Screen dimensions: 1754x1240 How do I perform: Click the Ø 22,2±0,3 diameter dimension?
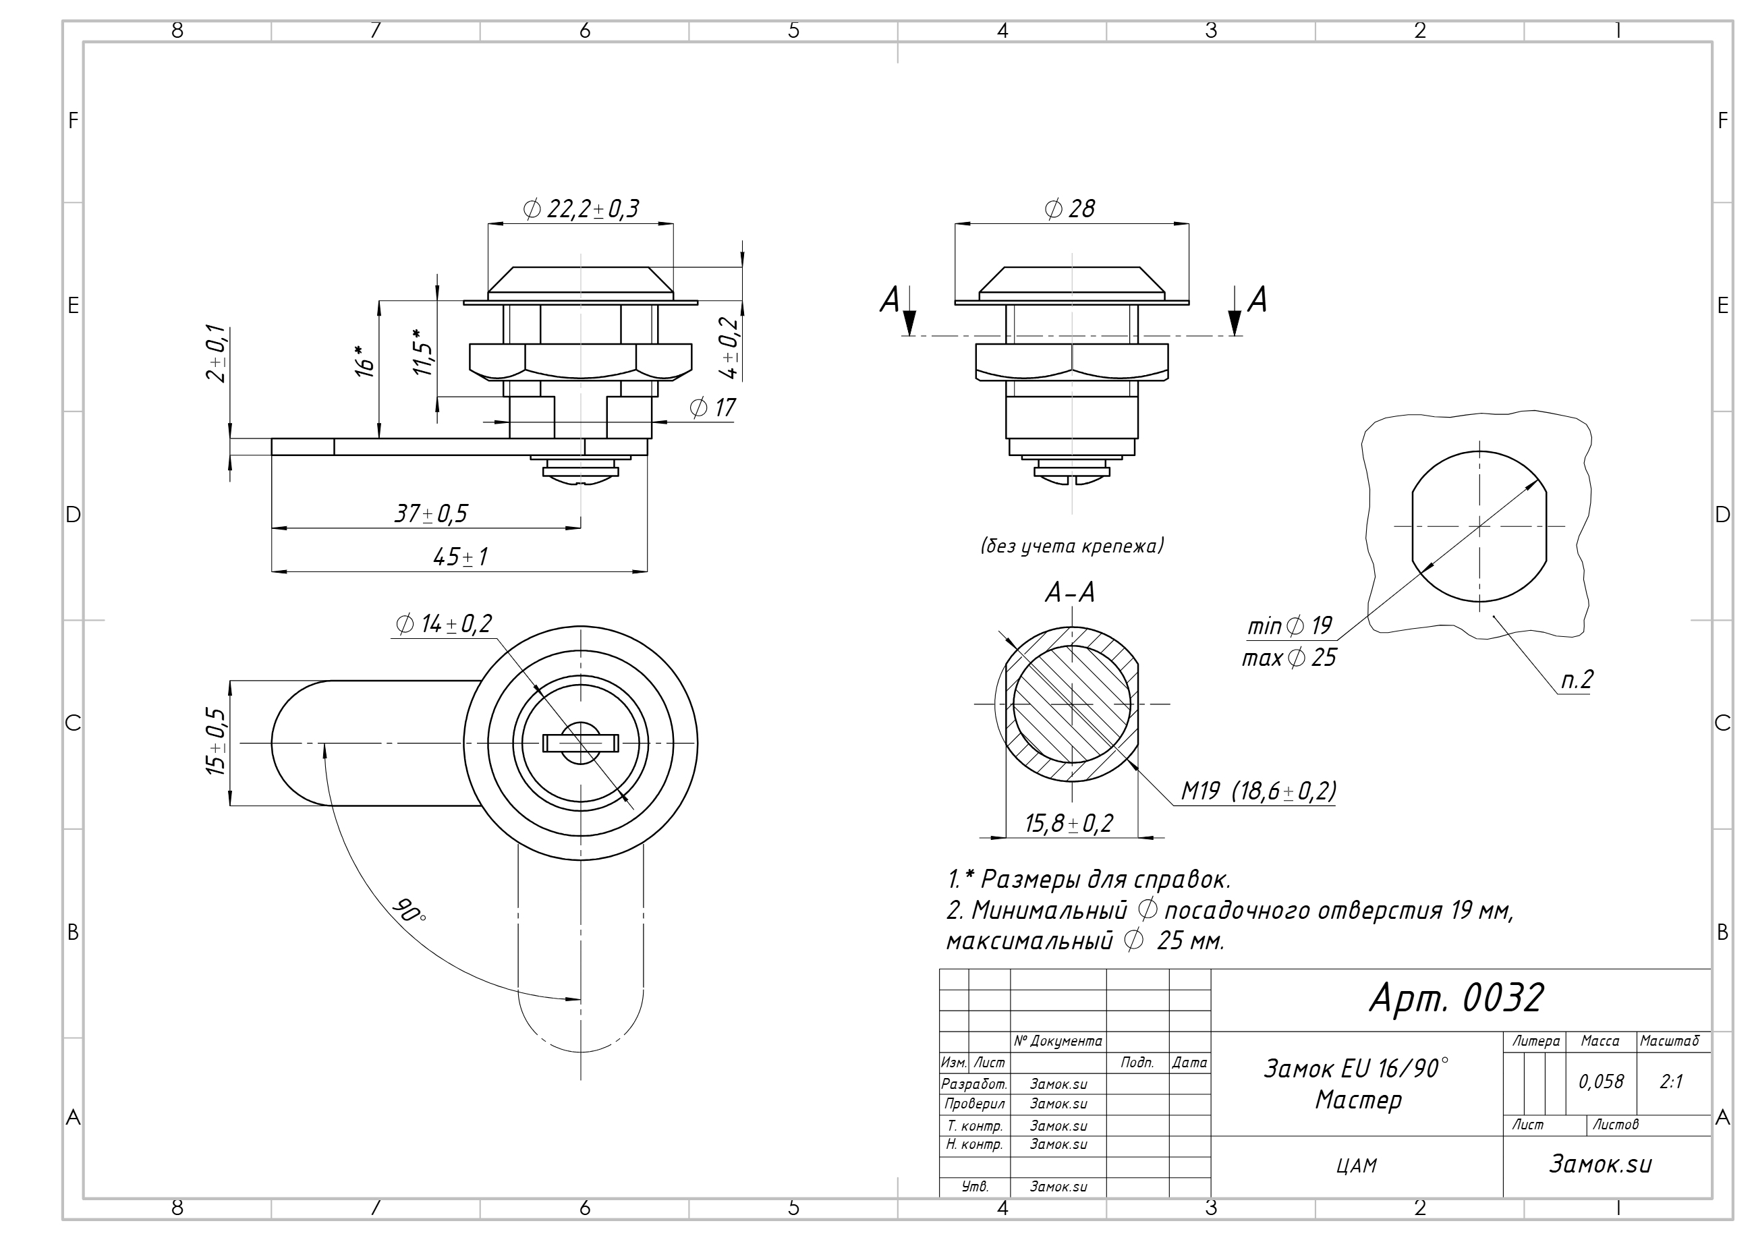[x=581, y=208]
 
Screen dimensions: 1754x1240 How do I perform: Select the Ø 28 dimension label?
[x=1069, y=208]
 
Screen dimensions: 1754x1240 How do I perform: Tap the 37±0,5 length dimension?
[x=431, y=513]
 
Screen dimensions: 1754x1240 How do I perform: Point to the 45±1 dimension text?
[x=460, y=557]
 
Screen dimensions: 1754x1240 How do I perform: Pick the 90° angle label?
[x=409, y=910]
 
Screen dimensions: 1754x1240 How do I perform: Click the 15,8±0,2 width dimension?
[x=1069, y=823]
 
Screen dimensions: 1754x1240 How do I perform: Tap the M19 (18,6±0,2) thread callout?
[x=1258, y=791]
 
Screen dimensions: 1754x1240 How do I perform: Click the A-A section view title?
[x=1069, y=592]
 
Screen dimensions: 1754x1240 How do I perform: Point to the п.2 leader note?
[x=1577, y=679]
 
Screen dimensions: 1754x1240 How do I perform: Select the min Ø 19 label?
[x=1289, y=627]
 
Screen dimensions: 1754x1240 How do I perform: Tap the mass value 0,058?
[x=1600, y=1081]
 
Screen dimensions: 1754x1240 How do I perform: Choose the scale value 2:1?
[x=1672, y=1081]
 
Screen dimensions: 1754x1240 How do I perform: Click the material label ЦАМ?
[x=1357, y=1166]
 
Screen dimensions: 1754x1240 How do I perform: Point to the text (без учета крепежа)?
[x=1072, y=546]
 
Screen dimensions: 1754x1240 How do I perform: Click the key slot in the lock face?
[x=581, y=742]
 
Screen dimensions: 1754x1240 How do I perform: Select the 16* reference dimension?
[x=366, y=362]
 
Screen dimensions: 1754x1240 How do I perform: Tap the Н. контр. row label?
[x=974, y=1144]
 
